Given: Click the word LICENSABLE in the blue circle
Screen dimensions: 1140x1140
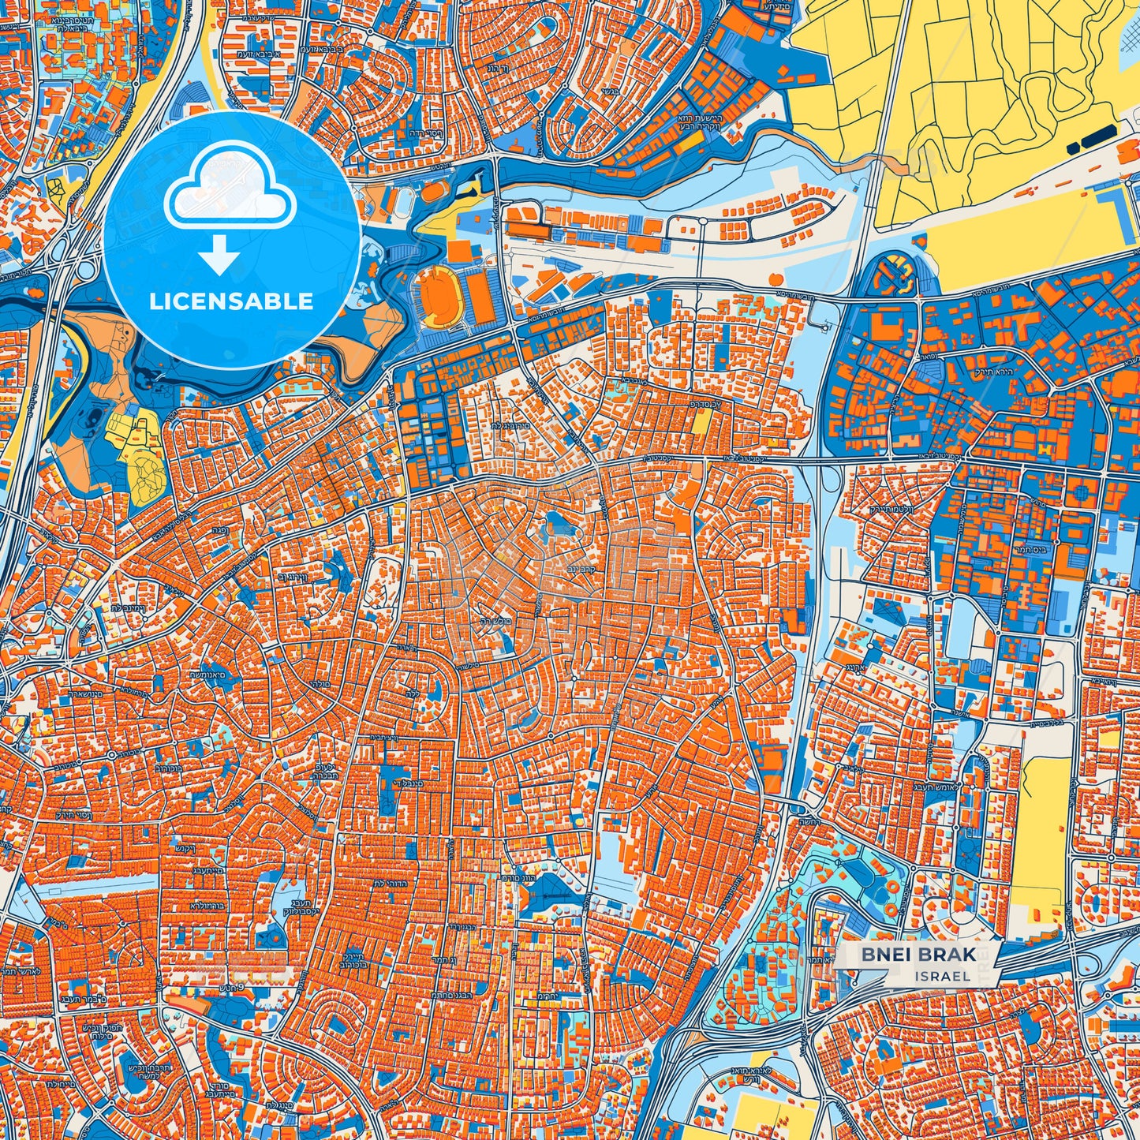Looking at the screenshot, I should pos(231,301).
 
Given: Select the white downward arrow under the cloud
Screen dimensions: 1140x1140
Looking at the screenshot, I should pos(219,255).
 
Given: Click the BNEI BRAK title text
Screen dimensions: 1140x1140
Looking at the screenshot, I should pos(918,955).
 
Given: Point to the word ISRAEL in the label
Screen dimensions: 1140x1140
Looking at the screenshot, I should pos(943,976).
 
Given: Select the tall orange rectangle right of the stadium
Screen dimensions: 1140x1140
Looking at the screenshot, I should pos(480,295).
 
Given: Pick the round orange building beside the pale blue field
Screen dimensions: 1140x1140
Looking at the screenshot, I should pos(774,279).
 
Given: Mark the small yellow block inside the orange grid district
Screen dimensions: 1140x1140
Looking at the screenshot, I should pos(700,422).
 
